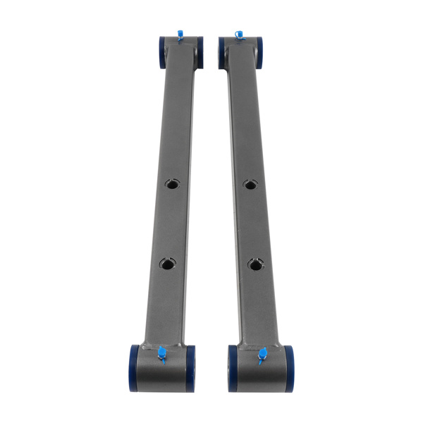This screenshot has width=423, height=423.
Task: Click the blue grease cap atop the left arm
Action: (180, 33)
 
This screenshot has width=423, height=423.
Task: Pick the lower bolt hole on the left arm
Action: (166, 264)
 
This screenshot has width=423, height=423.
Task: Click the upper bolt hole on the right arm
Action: (250, 185)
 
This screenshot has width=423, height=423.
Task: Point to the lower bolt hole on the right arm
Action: (255, 264)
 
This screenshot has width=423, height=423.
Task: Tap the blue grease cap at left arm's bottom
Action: (161, 352)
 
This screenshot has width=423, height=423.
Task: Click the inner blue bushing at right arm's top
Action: (223, 52)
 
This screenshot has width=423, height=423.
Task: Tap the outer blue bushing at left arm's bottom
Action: (134, 364)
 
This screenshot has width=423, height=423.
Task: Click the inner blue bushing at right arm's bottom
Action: (233, 366)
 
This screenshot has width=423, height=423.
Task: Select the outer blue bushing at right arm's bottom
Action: (288, 364)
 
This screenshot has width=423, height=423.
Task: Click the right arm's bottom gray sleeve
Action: (261, 371)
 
